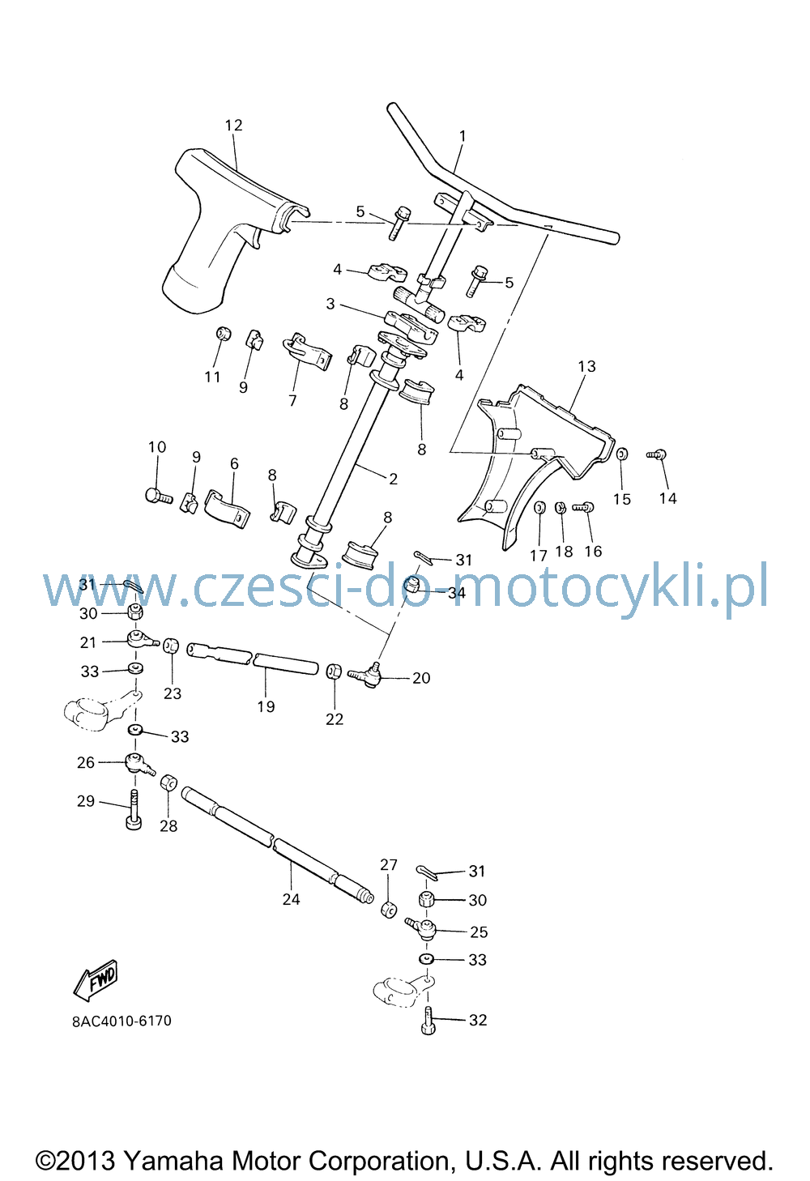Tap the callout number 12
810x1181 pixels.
[233, 126]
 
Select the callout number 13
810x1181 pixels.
[587, 366]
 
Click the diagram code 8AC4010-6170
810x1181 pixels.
[122, 1021]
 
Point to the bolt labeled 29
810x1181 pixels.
[134, 808]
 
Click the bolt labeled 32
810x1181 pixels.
[428, 1020]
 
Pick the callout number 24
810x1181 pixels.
[291, 899]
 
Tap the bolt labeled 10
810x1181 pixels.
[158, 496]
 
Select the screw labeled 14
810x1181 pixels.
[657, 454]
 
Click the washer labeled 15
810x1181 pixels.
[622, 454]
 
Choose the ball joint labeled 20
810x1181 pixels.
[365, 673]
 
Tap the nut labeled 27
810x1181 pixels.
[389, 910]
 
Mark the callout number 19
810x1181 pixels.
[266, 706]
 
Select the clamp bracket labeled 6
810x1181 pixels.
[227, 509]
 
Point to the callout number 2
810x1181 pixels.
[393, 479]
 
